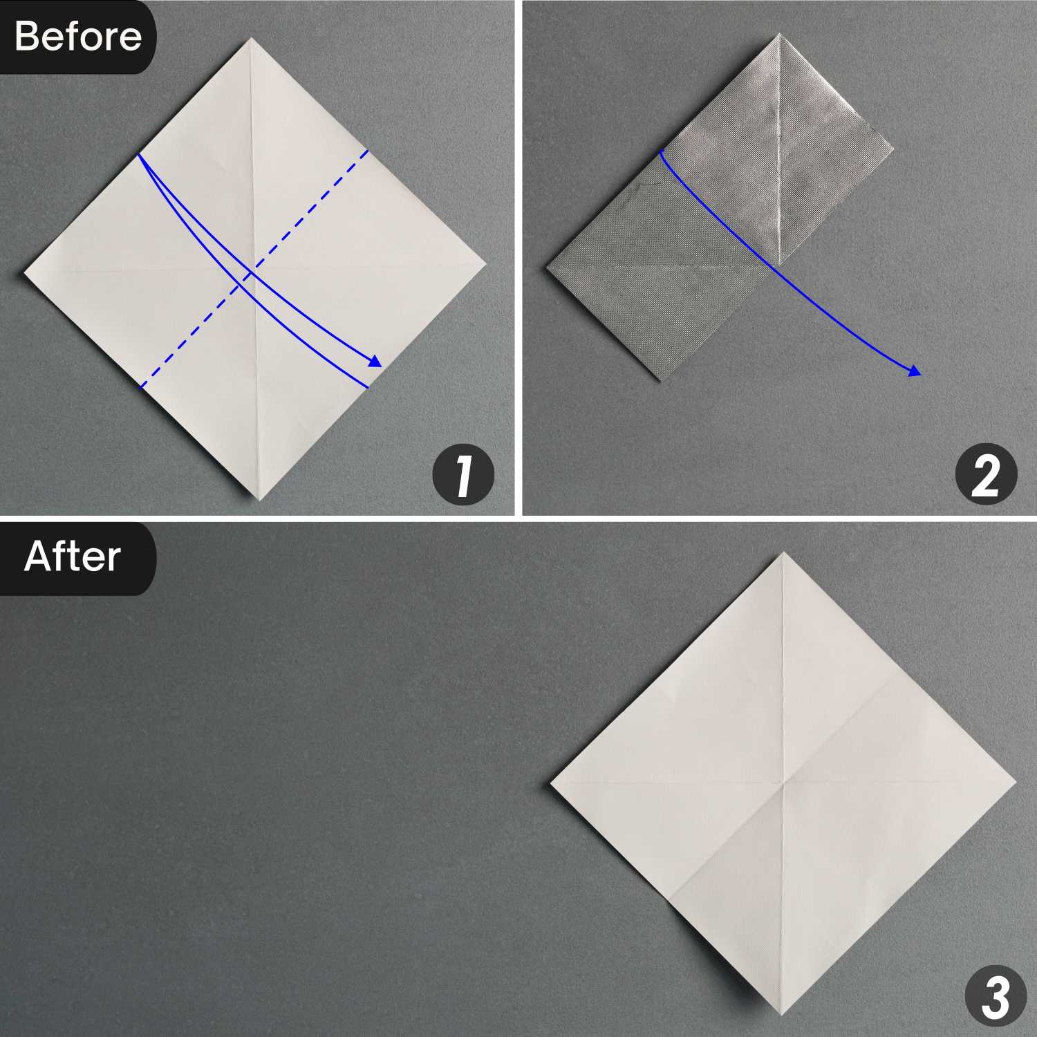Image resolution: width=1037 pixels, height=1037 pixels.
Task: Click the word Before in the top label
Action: [77, 36]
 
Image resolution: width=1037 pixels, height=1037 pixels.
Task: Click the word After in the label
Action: [73, 557]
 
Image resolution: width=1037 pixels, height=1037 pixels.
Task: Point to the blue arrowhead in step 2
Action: [915, 372]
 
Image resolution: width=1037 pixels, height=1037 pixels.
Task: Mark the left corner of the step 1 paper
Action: [25, 274]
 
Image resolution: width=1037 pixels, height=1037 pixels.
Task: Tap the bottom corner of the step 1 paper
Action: [259, 499]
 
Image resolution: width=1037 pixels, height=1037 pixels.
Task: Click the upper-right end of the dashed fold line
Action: [367, 149]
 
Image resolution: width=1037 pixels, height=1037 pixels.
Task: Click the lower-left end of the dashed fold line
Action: [141, 387]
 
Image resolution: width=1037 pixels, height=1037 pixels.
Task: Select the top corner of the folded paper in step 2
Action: [779, 34]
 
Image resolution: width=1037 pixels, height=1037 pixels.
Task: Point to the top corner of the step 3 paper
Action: [783, 552]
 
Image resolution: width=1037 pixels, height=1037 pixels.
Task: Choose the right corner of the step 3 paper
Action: [1016, 783]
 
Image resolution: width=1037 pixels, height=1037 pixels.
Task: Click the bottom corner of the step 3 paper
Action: [783, 1015]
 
